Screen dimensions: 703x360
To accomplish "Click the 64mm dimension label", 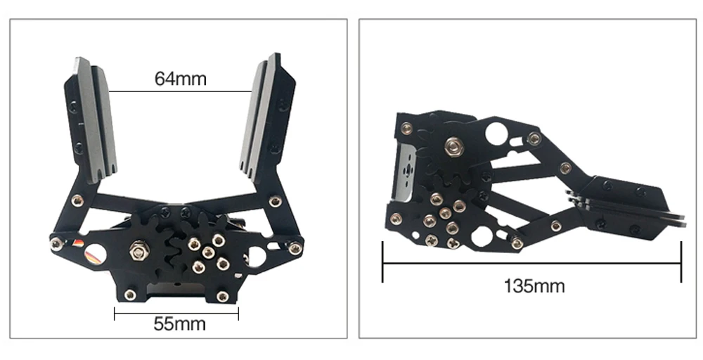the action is pos(181,79).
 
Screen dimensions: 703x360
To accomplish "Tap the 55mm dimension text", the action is pos(179,323).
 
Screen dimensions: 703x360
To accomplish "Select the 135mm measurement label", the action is pos(534,286).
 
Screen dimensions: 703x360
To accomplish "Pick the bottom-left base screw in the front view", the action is pos(130,295).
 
